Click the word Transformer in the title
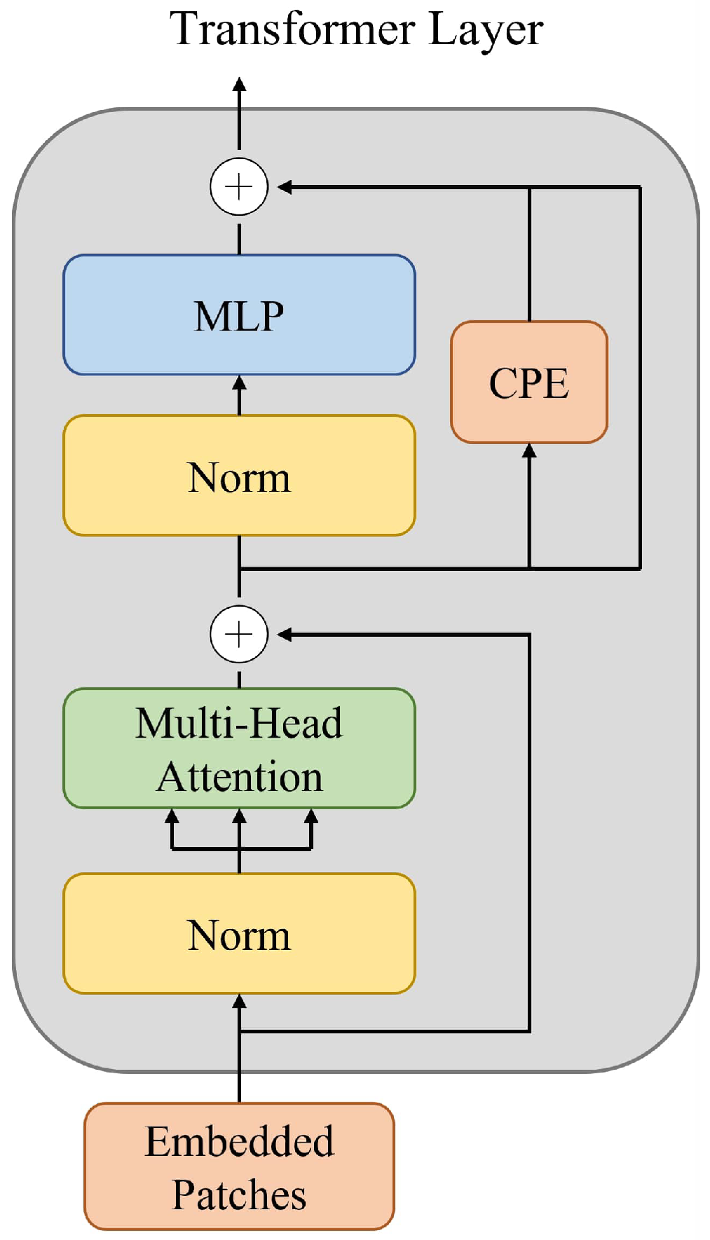coord(294,29)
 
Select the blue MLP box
coord(239,315)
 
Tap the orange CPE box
coord(529,383)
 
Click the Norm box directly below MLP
coord(239,476)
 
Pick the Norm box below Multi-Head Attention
coord(239,934)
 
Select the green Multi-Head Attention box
coord(239,748)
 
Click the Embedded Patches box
coord(239,1166)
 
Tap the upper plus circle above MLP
coord(239,187)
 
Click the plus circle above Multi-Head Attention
coord(239,634)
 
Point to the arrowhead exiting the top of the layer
coord(239,84)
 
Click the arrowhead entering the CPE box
coord(529,450)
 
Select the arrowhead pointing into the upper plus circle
coord(284,187)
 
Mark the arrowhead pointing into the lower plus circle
coord(284,634)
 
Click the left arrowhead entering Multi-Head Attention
coord(172,816)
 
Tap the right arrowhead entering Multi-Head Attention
coord(311,816)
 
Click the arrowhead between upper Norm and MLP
coord(239,383)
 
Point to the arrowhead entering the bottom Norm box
coord(239,1001)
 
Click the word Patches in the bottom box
coord(239,1195)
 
